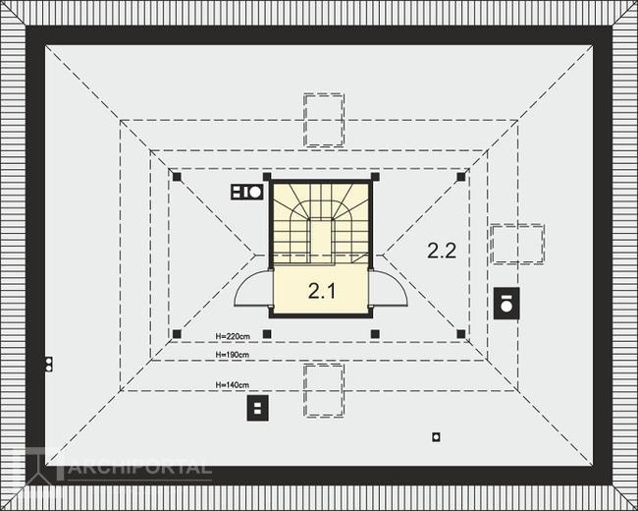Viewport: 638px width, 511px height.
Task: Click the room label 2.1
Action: click(322, 290)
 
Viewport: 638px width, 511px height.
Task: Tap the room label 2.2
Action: click(442, 250)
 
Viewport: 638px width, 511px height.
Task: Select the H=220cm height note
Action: click(231, 336)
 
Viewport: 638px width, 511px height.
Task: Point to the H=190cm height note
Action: click(232, 354)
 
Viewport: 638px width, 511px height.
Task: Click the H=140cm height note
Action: click(232, 384)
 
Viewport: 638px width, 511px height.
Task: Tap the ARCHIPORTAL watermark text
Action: click(137, 468)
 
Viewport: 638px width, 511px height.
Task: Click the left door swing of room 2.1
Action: click(253, 290)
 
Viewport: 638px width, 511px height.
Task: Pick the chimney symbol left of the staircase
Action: click(246, 192)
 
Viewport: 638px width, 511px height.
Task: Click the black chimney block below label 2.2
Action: click(506, 303)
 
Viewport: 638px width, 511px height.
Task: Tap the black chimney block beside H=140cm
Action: click(258, 407)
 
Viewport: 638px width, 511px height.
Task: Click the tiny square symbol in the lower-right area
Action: click(436, 437)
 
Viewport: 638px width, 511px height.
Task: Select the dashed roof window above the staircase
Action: click(323, 119)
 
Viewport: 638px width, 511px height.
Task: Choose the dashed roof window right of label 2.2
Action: click(516, 244)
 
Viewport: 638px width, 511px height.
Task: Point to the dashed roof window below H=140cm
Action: click(323, 389)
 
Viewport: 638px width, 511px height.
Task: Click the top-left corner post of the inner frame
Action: click(177, 177)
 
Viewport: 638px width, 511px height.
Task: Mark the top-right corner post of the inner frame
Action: click(461, 177)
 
